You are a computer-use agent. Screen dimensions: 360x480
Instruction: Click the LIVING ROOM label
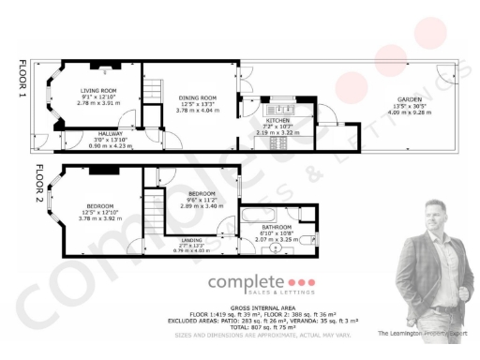(103, 65)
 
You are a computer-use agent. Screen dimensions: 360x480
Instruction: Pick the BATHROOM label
(277, 228)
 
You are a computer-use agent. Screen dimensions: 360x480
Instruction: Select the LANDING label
(195, 239)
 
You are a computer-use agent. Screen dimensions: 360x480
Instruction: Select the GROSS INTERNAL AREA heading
(240, 307)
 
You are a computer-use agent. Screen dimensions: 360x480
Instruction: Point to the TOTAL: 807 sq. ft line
(240, 327)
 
